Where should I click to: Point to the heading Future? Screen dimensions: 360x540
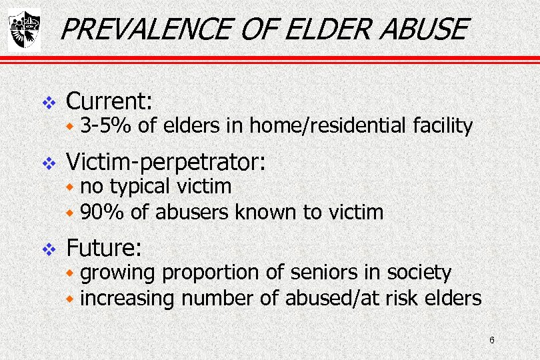click(105, 249)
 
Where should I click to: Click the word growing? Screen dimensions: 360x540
click(118, 273)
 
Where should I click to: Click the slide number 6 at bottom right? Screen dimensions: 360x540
click(491, 341)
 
